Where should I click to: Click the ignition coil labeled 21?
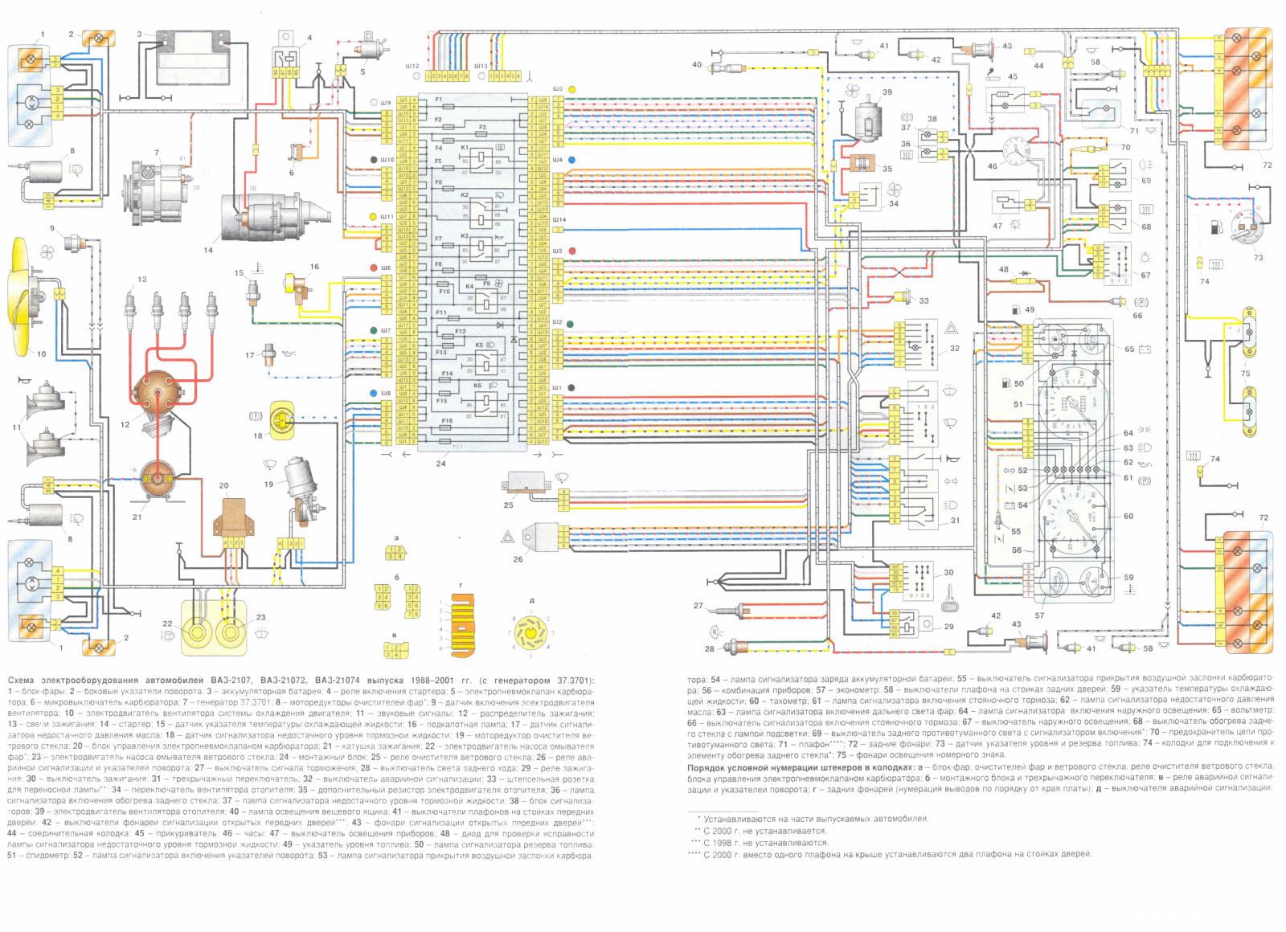click(x=158, y=479)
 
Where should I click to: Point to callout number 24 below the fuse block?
click(x=440, y=464)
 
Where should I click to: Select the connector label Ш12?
click(x=414, y=64)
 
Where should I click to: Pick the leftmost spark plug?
click(x=128, y=306)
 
